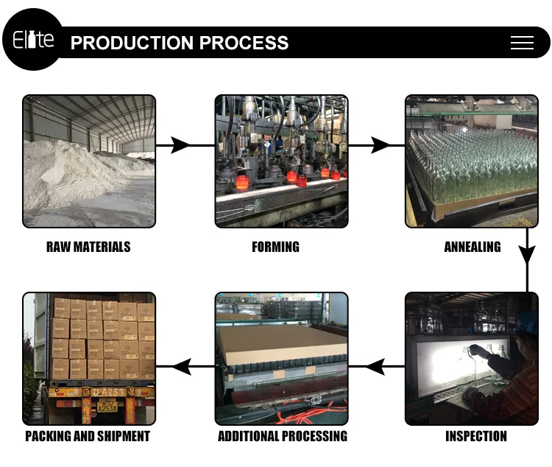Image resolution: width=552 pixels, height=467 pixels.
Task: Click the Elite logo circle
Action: coord(33,40)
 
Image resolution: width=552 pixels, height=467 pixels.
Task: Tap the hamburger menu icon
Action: coord(522,43)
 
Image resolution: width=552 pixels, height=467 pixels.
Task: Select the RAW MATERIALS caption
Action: coord(88,247)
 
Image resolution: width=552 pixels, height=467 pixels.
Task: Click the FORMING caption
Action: coord(275,247)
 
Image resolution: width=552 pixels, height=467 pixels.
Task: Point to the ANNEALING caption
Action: coord(473,247)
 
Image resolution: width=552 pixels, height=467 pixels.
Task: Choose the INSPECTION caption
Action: coord(476,436)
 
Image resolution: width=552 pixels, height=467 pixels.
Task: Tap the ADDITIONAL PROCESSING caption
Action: coord(283,436)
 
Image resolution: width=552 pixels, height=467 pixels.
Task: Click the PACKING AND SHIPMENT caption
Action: coord(88,436)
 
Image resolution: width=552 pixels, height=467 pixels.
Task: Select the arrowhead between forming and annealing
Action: coord(380,145)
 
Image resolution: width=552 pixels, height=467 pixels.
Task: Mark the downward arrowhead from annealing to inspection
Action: coord(527,254)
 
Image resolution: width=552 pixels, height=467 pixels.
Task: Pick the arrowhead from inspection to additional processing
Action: coord(375,365)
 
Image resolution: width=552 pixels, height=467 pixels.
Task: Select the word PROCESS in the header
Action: coord(244,43)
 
